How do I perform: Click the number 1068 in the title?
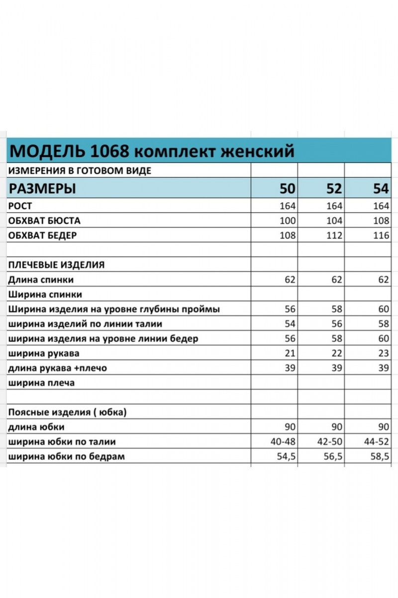[110, 150]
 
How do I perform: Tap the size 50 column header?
[287, 189]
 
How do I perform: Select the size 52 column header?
[334, 189]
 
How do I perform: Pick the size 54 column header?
[381, 189]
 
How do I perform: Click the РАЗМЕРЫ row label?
[43, 189]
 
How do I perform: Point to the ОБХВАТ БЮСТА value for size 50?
[288, 220]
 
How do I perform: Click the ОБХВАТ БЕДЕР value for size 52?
[334, 235]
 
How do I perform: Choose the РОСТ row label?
[20, 206]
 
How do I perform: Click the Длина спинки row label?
[41, 280]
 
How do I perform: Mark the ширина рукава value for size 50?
[290, 353]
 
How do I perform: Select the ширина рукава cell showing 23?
[383, 353]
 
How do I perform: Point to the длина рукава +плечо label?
[58, 368]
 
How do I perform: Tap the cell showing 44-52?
[376, 442]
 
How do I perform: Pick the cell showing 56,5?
[331, 456]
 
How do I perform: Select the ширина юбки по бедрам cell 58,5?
[378, 456]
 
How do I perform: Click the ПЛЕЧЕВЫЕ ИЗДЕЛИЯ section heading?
[56, 265]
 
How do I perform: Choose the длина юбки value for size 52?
[337, 427]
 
